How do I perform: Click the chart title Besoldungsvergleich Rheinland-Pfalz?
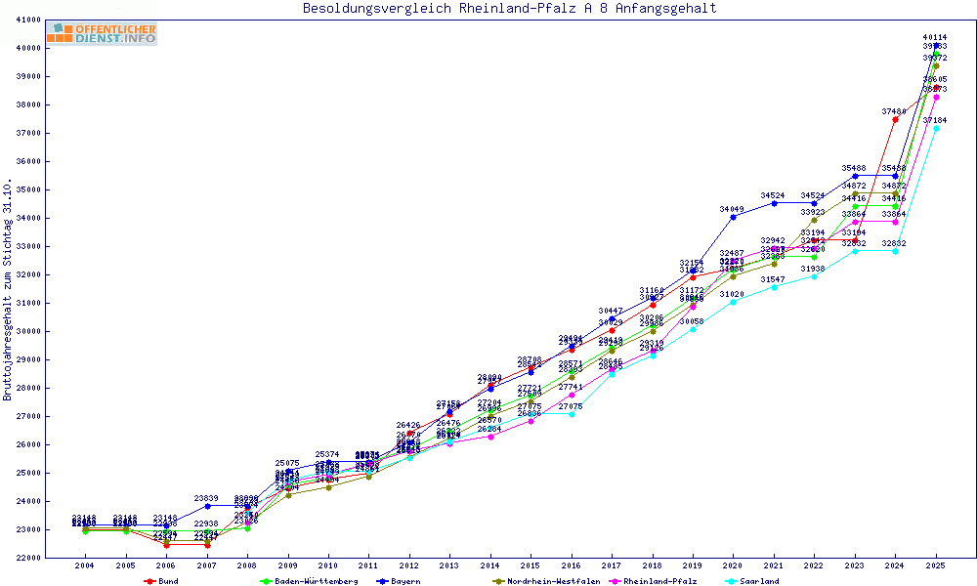509,9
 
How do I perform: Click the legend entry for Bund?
162,581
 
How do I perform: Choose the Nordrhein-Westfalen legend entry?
547,581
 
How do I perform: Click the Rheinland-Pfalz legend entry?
658,581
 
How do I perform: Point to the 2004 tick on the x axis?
85,565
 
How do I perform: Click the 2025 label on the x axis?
936,565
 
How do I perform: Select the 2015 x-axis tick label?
531,565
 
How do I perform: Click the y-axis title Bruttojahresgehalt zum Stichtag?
8,290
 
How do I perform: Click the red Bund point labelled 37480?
895,119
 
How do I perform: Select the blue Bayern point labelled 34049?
733,217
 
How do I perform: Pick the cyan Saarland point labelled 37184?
936,128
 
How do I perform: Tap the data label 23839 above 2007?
206,498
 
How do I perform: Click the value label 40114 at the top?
935,37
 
